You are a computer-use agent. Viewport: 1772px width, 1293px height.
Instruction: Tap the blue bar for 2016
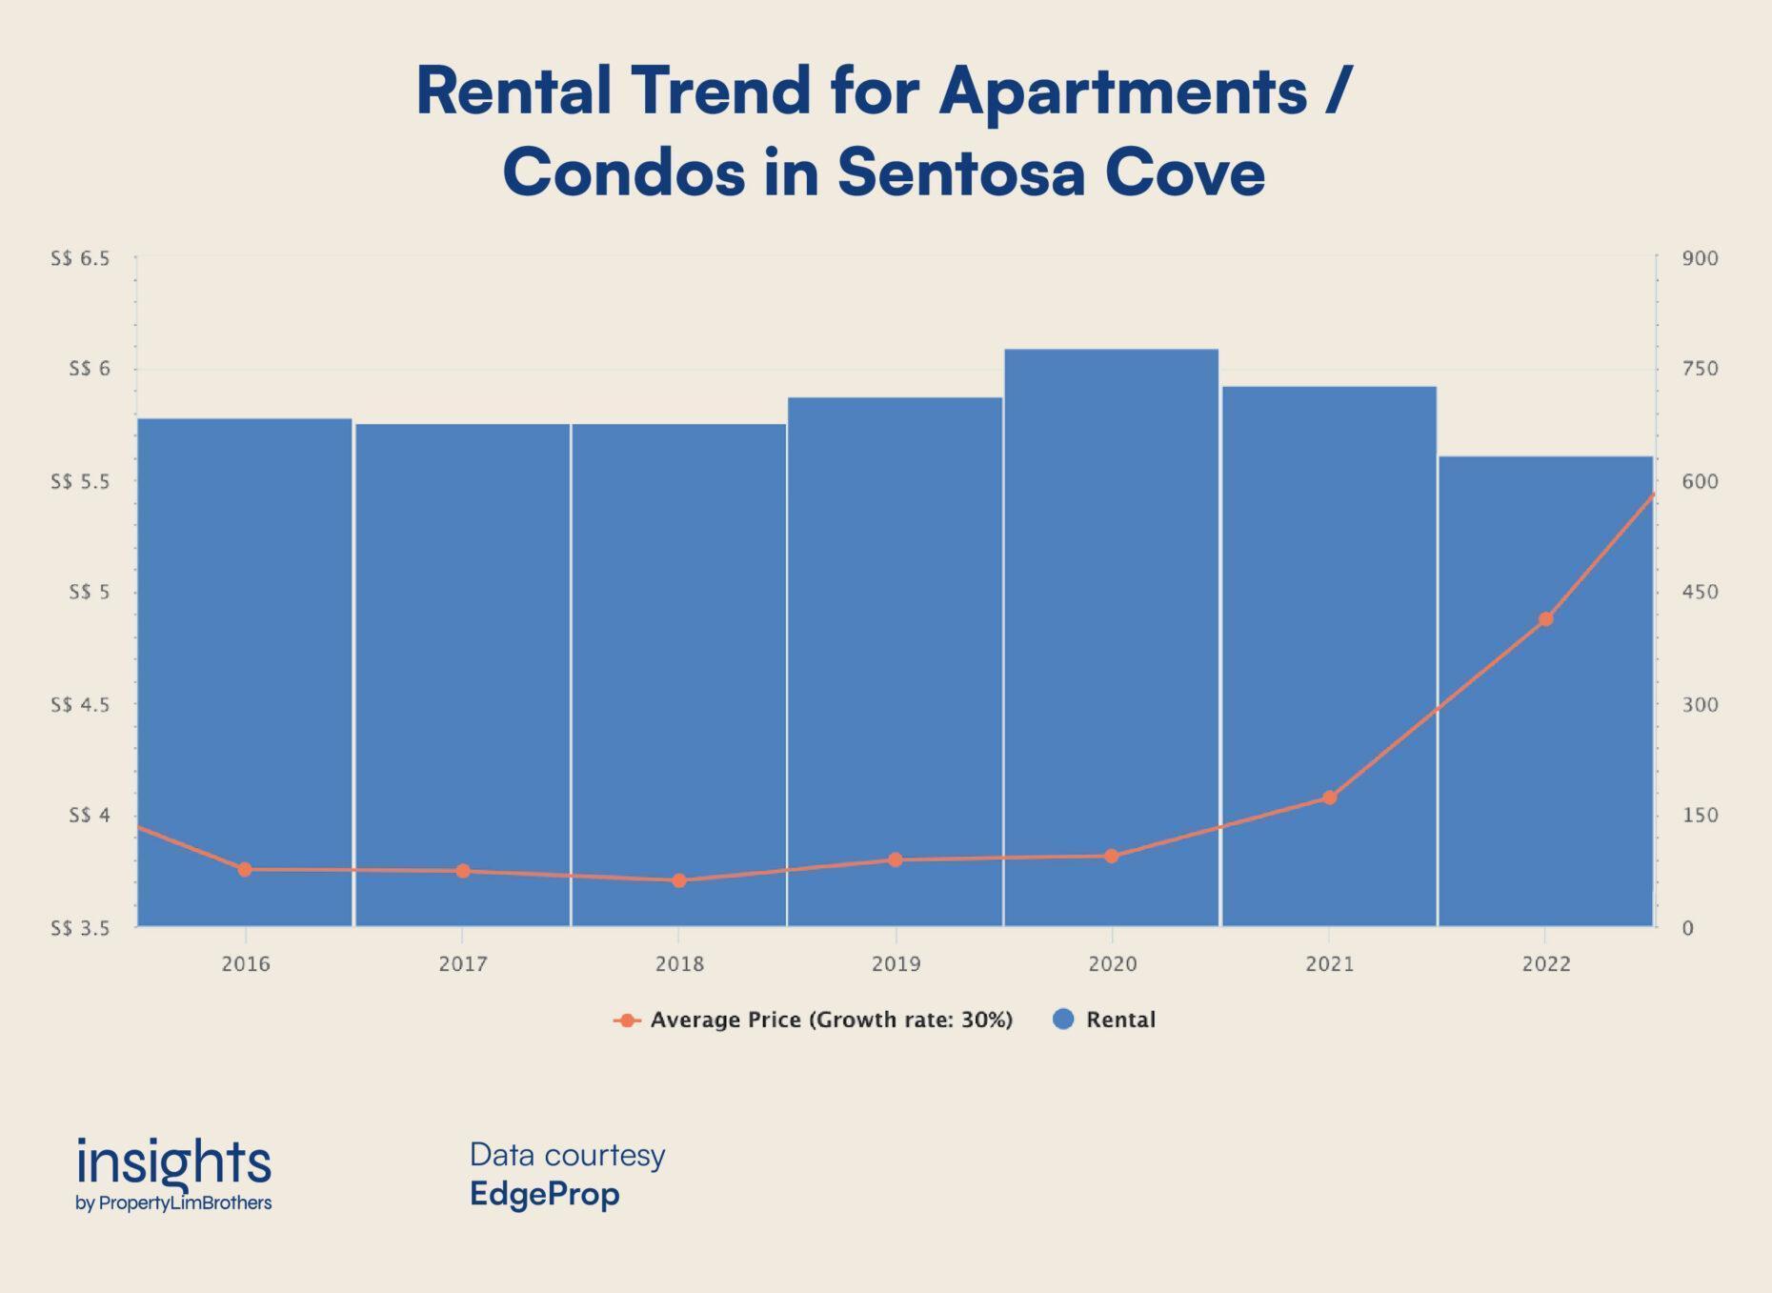point(245,648)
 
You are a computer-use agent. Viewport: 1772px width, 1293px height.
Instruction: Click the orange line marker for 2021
point(1329,798)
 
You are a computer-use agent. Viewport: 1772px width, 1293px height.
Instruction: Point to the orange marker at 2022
point(1545,619)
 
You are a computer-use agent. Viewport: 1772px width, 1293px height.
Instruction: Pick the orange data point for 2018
point(679,880)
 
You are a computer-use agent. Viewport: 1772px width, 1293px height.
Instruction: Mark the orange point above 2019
point(895,859)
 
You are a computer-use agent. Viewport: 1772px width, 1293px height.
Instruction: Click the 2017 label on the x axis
point(463,964)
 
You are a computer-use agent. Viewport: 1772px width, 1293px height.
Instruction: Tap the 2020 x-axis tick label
point(1112,964)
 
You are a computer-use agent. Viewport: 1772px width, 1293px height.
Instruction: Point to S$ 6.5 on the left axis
point(80,259)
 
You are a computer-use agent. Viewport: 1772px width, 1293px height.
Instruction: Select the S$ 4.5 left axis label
point(80,705)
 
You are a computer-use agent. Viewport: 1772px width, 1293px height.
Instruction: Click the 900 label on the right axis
point(1700,259)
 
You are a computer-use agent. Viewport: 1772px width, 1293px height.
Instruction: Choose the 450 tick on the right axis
point(1700,593)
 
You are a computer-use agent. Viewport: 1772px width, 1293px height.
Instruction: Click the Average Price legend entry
point(830,1020)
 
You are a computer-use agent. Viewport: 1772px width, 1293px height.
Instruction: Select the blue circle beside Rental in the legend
point(1063,1020)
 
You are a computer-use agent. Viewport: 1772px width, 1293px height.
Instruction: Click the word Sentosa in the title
point(960,173)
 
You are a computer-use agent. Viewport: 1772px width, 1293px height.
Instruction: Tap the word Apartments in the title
point(1122,92)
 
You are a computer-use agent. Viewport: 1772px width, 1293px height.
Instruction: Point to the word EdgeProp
point(544,1194)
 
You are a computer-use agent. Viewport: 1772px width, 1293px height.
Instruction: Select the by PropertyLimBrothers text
point(173,1203)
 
